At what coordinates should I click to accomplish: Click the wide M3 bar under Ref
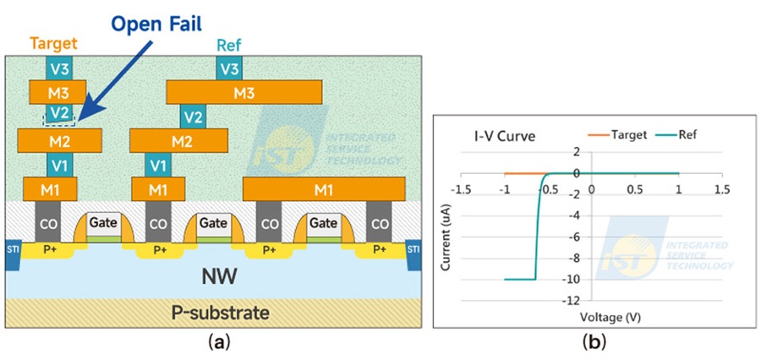pos(244,91)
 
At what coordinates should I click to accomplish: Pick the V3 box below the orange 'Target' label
pos(58,67)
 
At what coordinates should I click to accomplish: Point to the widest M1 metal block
pos(324,188)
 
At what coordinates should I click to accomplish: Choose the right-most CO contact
pos(380,224)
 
